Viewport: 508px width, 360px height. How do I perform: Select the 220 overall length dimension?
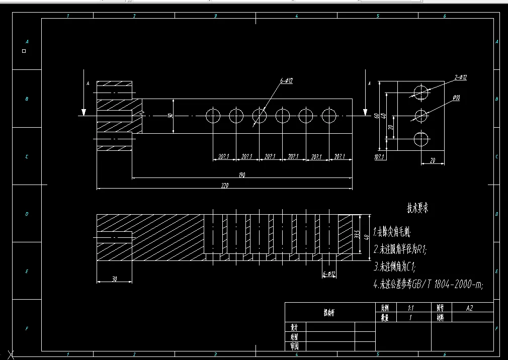click(224, 186)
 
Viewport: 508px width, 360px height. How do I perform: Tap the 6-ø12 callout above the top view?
click(287, 81)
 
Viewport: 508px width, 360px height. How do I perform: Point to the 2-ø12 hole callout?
click(460, 77)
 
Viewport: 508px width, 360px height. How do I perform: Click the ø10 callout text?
click(456, 98)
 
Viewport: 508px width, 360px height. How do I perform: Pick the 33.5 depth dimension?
click(357, 234)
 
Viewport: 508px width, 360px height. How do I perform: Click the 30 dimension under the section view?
click(114, 279)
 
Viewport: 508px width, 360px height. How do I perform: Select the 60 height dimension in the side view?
click(376, 116)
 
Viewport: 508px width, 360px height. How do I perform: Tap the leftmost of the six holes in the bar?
click(213, 116)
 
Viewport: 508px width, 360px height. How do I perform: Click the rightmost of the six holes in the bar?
click(329, 116)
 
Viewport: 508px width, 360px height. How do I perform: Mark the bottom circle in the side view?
click(421, 138)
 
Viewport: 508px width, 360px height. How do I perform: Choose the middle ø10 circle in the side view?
click(421, 116)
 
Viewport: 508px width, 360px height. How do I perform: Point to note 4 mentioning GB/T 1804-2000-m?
click(429, 285)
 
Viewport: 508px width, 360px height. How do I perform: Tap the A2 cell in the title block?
click(469, 308)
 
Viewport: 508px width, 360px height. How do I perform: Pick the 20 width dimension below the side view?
click(432, 160)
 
